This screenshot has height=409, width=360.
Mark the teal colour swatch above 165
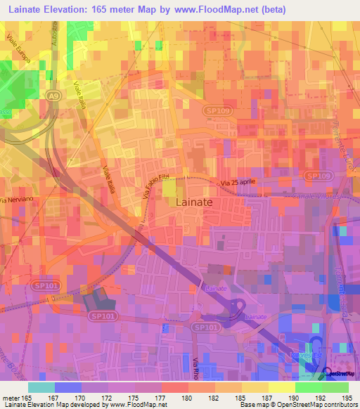tap(41, 387)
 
